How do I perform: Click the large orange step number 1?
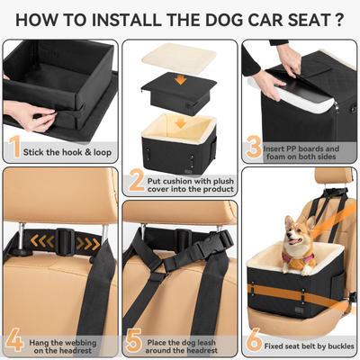15,146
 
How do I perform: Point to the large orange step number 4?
15,342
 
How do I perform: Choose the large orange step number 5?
136,342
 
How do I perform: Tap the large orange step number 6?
255,342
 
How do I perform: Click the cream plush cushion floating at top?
178,58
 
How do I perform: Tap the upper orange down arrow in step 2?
180,78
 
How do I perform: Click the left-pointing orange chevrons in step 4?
39,241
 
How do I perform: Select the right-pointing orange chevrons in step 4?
87,242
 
